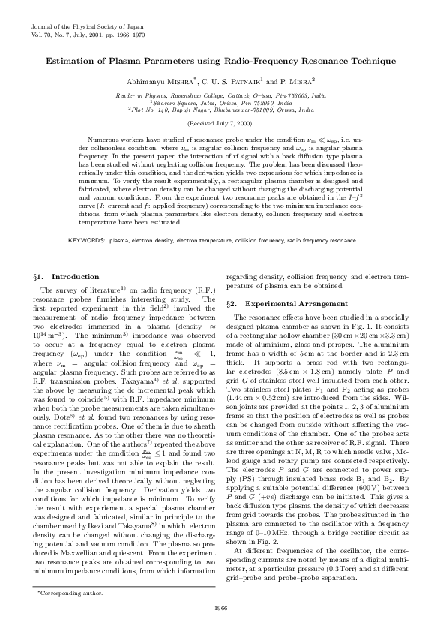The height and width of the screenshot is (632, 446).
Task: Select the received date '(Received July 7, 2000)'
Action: coord(222,122)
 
